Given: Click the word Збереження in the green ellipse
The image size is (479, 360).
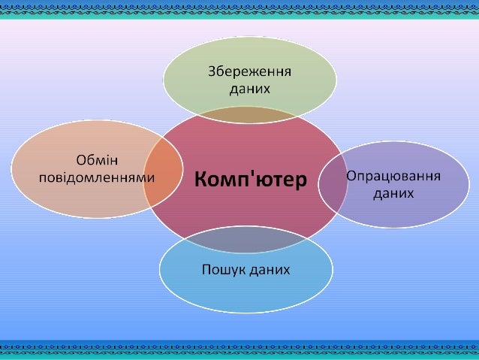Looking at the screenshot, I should [249, 72].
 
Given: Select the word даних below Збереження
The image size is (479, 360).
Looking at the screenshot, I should [249, 88].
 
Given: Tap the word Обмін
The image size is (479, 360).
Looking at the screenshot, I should [97, 160].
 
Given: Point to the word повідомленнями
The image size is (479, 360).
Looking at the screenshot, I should [97, 178].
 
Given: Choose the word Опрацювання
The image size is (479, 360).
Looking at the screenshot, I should [393, 176].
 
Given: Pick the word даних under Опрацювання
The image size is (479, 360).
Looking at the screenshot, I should [393, 192].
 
